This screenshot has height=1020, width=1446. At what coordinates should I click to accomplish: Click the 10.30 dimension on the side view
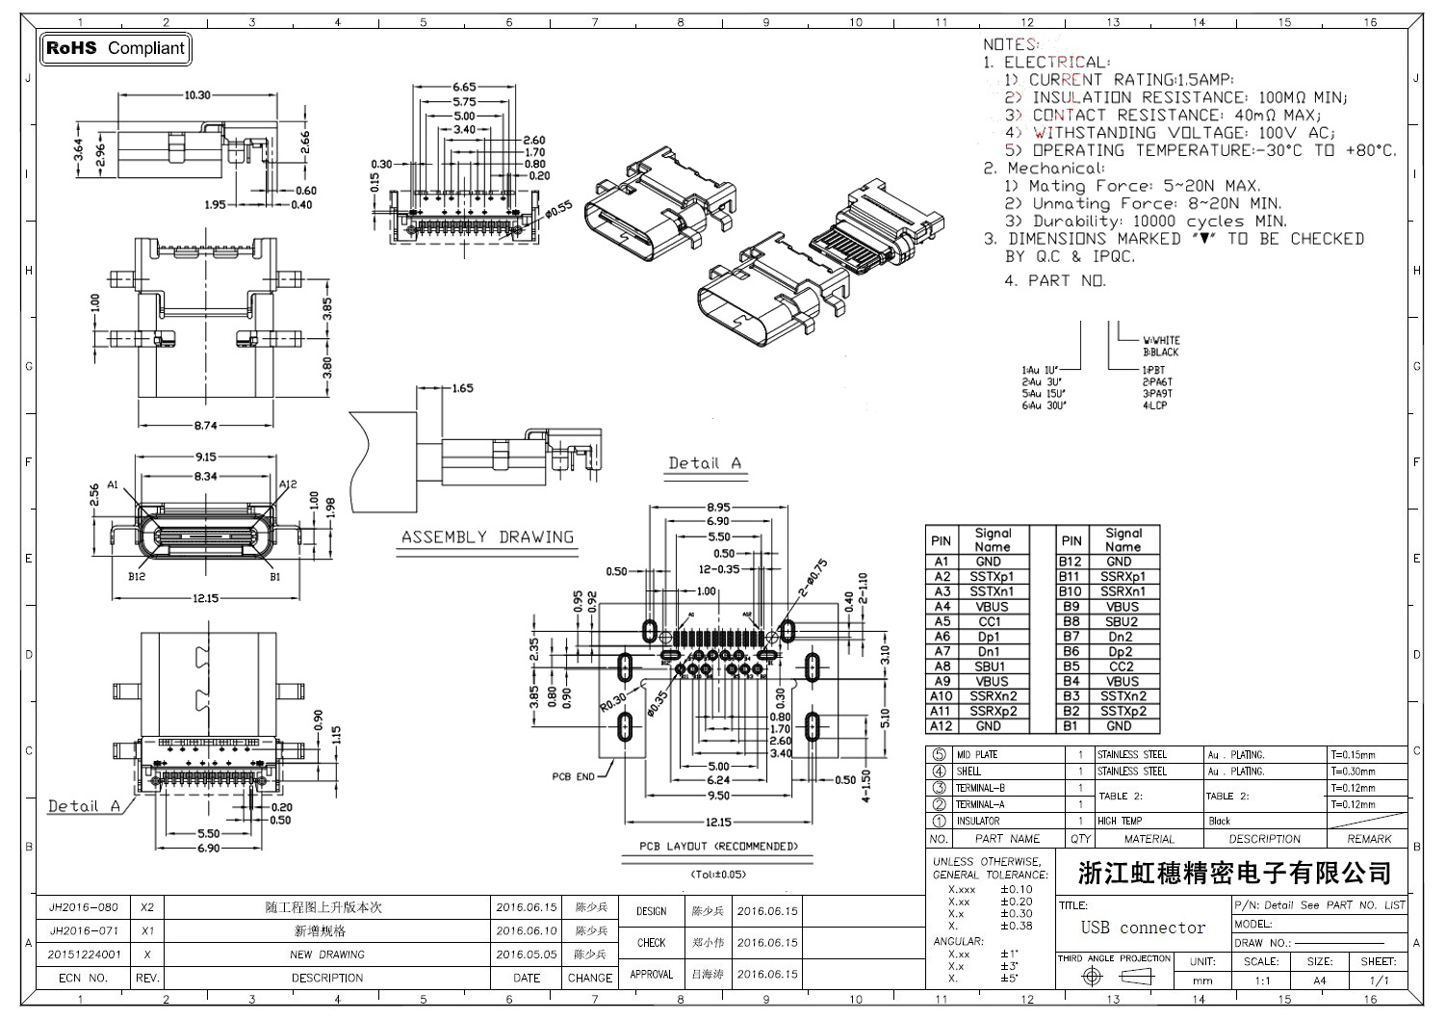click(197, 95)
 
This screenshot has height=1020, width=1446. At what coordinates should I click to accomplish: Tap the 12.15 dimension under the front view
click(205, 598)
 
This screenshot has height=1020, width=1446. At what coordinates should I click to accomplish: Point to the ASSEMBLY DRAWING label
click(487, 537)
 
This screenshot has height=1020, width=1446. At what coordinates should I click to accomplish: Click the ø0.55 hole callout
click(557, 206)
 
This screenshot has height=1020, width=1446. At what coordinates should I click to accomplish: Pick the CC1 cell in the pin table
click(990, 622)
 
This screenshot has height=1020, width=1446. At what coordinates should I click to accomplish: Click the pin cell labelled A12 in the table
click(941, 726)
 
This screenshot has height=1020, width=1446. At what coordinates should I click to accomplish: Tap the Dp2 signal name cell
click(1121, 652)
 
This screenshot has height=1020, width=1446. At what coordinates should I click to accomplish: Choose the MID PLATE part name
click(977, 755)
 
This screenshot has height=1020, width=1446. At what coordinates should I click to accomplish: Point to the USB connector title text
click(1143, 928)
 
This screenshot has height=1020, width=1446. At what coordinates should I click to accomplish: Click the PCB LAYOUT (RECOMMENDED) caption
click(718, 847)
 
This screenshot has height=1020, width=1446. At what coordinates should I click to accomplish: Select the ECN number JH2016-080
click(84, 907)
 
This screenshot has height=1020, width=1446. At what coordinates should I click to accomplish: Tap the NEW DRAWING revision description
click(327, 955)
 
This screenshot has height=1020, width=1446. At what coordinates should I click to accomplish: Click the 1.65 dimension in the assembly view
click(461, 389)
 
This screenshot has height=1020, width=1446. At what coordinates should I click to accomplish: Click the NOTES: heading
click(1010, 44)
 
